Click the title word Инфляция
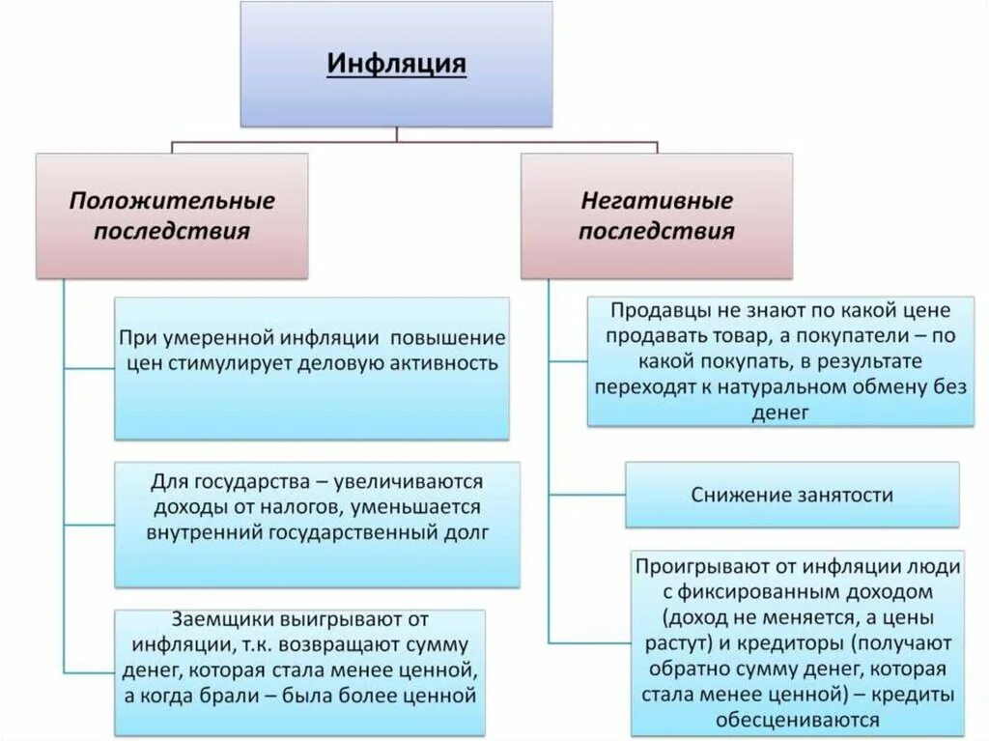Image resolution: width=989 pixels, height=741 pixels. click(397, 65)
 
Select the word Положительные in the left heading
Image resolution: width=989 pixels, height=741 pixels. click(171, 201)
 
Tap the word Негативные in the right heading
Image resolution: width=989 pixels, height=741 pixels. click(657, 201)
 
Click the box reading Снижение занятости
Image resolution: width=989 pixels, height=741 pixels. click(792, 495)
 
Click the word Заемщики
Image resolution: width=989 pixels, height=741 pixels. click(221, 618)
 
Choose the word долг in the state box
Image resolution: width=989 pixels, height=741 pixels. click(463, 531)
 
